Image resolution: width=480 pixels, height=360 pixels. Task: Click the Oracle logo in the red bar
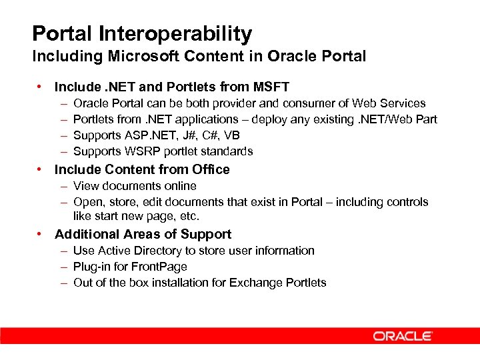pos(403,336)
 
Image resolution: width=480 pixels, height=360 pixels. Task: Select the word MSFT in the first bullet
pos(271,87)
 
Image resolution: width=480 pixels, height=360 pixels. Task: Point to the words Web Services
pos(389,103)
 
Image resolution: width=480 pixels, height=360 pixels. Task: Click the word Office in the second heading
pos(210,169)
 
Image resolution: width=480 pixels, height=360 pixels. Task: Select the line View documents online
pos(135,186)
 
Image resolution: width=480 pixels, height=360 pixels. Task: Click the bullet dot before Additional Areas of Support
pos(41,234)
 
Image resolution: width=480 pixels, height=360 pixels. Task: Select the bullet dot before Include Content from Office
pos(41,169)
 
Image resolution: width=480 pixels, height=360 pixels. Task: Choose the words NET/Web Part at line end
pos(400,119)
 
